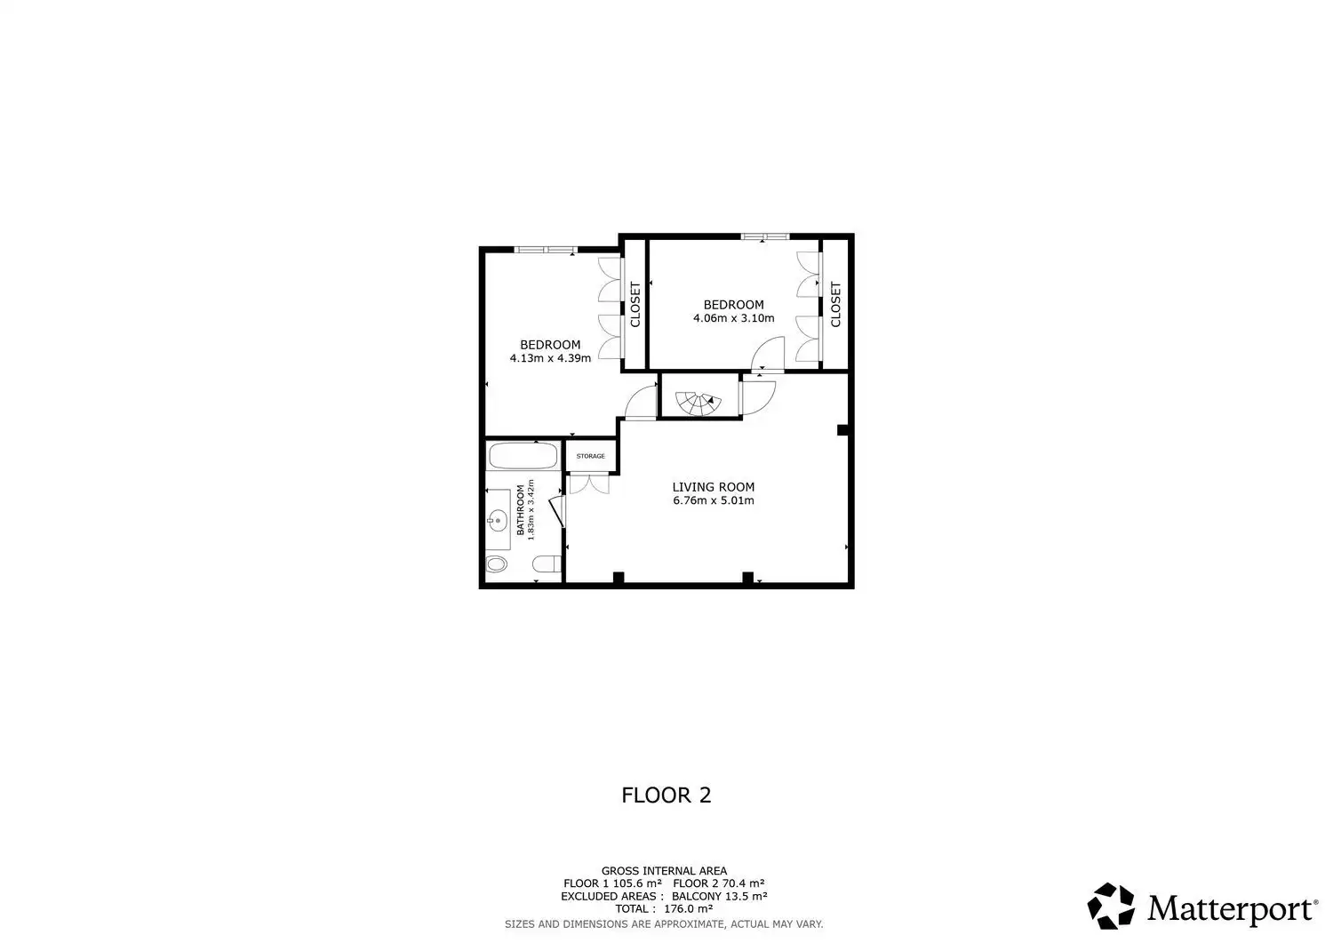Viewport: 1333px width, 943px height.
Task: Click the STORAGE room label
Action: pyautogui.click(x=590, y=456)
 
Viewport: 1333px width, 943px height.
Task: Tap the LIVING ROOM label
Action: pyautogui.click(x=714, y=487)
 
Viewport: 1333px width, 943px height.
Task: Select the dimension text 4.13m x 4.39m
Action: pyautogui.click(x=550, y=358)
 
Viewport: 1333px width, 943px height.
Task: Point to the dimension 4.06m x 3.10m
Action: pyautogui.click(x=734, y=318)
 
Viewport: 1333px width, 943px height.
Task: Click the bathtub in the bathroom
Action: pyautogui.click(x=523, y=456)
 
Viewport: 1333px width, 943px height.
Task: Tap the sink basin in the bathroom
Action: pyautogui.click(x=498, y=520)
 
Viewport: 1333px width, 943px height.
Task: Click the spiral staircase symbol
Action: pyautogui.click(x=698, y=404)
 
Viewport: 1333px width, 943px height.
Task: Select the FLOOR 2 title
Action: pyautogui.click(x=666, y=795)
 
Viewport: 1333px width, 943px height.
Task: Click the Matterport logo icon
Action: pyautogui.click(x=1111, y=906)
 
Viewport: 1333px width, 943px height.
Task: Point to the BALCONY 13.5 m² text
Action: pyautogui.click(x=720, y=896)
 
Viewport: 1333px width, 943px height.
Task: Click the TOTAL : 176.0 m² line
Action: pyautogui.click(x=664, y=908)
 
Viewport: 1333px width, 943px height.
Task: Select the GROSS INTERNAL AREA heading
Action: pyautogui.click(x=664, y=871)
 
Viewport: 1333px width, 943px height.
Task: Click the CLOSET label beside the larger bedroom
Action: pyautogui.click(x=635, y=305)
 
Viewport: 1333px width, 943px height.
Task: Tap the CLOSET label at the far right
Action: pyautogui.click(x=835, y=305)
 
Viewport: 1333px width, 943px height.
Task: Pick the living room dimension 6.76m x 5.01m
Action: pyautogui.click(x=714, y=500)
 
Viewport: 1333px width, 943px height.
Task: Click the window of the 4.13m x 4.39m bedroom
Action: pyautogui.click(x=546, y=250)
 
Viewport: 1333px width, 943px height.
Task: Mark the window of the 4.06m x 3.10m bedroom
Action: pyautogui.click(x=765, y=236)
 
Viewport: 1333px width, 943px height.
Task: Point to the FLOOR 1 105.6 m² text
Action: pyautogui.click(x=612, y=883)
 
